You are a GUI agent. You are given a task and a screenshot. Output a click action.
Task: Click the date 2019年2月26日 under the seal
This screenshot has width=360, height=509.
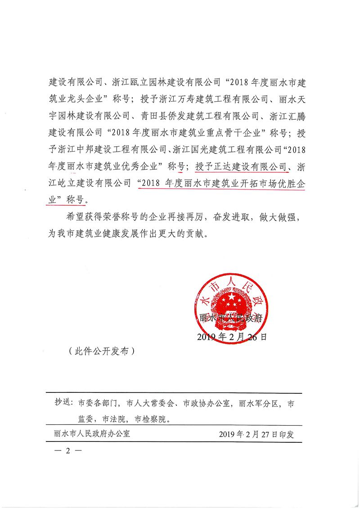tap(232, 337)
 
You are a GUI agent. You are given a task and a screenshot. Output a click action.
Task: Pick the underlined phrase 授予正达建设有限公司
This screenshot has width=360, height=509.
tap(241, 167)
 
